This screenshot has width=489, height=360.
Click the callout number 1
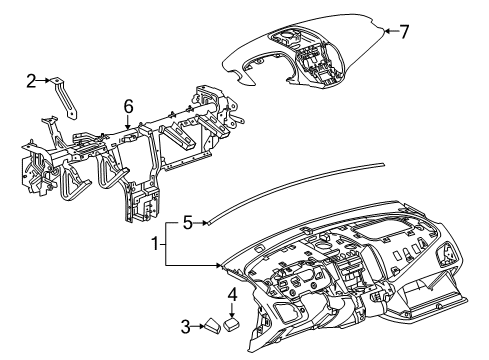[x=155, y=243]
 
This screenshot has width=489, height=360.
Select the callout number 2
[x=31, y=79]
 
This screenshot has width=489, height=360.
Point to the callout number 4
[x=232, y=295]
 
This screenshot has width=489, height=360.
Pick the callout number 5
[x=188, y=224]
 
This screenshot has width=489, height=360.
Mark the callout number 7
[x=404, y=32]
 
